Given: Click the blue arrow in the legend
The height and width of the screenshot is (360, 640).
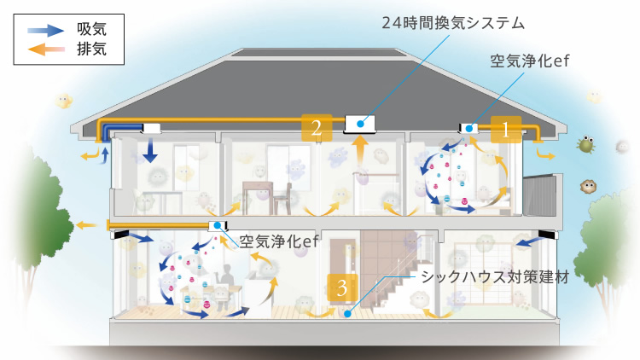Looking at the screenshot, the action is tap(46, 30).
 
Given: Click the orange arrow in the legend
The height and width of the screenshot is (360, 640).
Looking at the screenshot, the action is tap(46, 49).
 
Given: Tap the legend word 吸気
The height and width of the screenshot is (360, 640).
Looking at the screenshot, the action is tap(92, 29).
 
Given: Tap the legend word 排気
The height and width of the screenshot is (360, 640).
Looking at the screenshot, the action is tap(92, 49).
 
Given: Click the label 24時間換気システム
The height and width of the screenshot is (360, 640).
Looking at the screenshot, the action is tap(453, 23).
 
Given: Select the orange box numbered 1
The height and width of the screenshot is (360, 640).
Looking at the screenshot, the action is tap(506, 130).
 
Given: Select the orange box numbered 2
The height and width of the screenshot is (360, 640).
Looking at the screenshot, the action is tap(317, 128).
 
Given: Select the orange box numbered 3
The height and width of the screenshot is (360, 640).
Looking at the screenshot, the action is tap(342, 287).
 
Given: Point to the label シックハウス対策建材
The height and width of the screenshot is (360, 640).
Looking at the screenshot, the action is tap(495, 277).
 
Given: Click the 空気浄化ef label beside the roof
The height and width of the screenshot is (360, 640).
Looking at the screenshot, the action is tap(529, 61).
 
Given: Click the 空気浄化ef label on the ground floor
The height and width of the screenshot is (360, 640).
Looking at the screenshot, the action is tap(278, 241).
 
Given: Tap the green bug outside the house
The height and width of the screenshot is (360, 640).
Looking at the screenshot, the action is tap(585, 144).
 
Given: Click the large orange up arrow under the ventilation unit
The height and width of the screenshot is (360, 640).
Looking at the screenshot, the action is tap(359, 151).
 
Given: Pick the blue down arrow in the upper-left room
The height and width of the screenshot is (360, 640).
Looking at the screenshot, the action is tap(150, 150).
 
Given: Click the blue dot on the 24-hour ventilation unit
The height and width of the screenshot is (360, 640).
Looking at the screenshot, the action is tap(360, 124).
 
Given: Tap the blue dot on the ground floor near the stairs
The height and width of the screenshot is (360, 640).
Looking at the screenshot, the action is tap(347, 314).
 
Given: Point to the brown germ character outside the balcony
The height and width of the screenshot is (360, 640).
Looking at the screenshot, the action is tap(588, 186).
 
